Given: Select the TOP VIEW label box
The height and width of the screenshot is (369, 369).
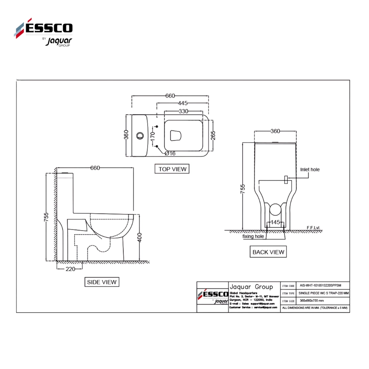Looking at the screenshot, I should point(172,169).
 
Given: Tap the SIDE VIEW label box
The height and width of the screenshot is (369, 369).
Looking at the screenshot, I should point(102,282).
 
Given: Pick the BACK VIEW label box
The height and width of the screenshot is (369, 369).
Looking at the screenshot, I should point(268,252).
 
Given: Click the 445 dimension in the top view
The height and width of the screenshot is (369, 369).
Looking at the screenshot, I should point(183,104).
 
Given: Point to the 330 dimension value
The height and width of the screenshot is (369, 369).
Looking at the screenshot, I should point(183,111).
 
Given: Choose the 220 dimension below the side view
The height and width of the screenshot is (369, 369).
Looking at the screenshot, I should point(70,269).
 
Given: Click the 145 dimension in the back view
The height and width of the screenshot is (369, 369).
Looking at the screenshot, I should point(275,222).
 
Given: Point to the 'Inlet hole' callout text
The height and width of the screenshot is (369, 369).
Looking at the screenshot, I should point(310,170).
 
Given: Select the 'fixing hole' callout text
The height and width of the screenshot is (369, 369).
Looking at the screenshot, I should point(253,236).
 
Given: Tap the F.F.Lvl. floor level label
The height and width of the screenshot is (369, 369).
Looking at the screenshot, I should point(314,228).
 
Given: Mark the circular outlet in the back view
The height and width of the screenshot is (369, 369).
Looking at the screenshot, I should point(275,210).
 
